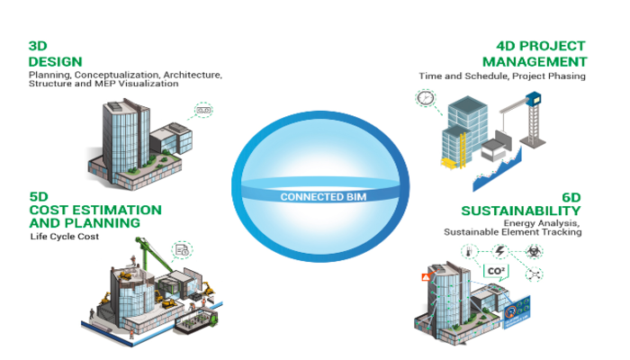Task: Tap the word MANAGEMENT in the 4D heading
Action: (535, 61)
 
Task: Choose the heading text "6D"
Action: (571, 196)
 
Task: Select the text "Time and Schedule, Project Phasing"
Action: (502, 76)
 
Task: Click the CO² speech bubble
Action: (495, 269)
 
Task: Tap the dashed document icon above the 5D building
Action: (182, 249)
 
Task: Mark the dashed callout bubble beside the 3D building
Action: (205, 111)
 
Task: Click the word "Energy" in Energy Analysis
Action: (519, 222)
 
